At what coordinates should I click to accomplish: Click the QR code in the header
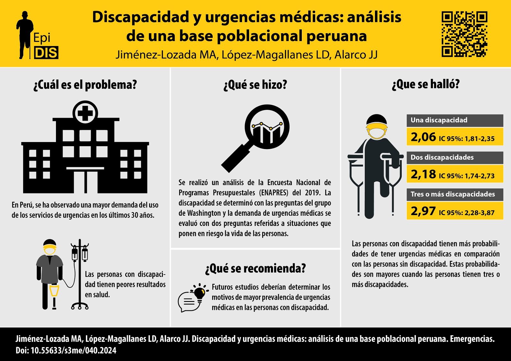464,34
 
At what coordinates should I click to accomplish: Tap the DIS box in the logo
46,53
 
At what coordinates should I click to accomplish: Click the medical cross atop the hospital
85,113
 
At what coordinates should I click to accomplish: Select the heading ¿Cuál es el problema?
85,85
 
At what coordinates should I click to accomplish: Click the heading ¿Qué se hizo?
255,85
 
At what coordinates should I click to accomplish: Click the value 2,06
423,137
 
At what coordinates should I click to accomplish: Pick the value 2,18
423,174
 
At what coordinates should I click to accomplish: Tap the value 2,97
423,211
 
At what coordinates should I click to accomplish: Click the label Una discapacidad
439,120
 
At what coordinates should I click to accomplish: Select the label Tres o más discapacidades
453,194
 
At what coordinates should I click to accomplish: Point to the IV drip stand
80,275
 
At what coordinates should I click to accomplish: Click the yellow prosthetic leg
54,292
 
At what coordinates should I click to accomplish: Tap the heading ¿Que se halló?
425,84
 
